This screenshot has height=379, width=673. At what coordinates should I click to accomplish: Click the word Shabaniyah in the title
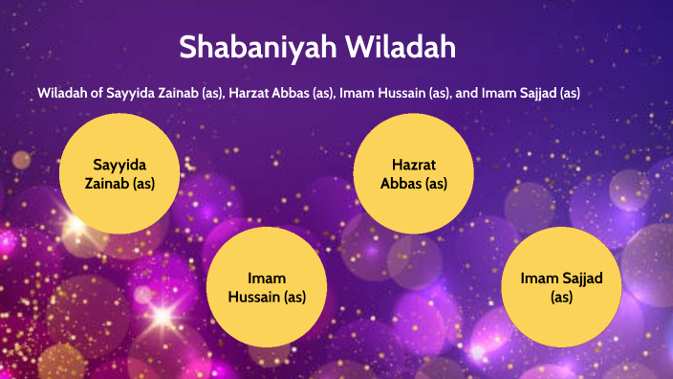245,47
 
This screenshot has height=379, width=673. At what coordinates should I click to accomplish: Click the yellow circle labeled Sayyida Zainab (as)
119,173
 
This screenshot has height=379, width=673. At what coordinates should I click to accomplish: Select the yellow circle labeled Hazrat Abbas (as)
413,173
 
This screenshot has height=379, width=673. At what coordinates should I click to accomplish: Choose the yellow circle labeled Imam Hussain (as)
267,287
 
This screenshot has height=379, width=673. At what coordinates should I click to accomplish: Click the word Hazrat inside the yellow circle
413,164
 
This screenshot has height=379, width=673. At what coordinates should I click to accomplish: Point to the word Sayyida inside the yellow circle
119,164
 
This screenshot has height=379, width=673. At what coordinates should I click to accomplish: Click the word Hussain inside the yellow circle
253,297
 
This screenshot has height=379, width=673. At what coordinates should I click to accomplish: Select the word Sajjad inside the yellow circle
575,279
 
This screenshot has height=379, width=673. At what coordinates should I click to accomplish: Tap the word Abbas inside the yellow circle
401,183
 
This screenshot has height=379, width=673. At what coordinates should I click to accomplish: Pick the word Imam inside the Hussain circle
267,279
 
